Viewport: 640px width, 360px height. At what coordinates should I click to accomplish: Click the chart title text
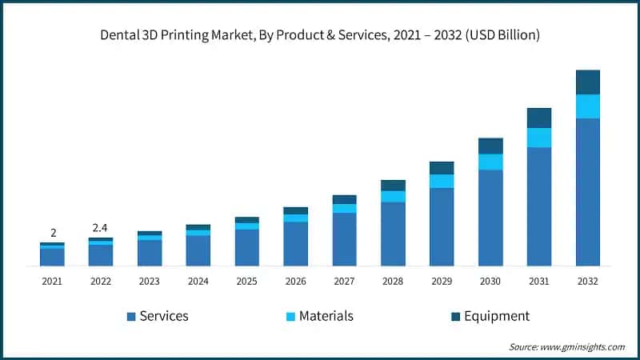[320, 34]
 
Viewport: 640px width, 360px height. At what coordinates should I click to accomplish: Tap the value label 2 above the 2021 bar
[54, 233]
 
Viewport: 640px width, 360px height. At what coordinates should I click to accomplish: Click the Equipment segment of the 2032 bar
[587, 82]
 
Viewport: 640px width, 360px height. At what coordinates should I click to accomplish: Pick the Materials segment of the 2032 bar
[587, 106]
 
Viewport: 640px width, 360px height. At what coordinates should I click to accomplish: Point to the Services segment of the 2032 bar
[587, 192]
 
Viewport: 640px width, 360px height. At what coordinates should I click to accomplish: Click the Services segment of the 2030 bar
[490, 218]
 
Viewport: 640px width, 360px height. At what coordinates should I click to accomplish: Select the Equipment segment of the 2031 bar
[538, 118]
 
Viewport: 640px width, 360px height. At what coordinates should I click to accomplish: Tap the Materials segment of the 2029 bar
[442, 181]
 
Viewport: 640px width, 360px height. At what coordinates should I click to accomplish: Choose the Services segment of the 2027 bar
[344, 239]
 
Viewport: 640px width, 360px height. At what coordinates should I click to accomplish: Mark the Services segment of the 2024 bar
[198, 250]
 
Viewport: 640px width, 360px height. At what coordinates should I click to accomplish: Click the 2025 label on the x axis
[246, 282]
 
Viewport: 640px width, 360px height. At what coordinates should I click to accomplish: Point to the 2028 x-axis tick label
[393, 282]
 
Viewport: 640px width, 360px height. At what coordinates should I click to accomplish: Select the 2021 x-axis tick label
[52, 282]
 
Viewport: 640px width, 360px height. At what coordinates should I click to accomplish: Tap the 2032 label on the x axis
[587, 282]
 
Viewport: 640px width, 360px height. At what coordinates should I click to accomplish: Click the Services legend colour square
[131, 317]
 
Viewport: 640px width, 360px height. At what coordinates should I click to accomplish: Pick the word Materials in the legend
[326, 316]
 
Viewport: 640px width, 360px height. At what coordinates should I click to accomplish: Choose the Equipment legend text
[498, 316]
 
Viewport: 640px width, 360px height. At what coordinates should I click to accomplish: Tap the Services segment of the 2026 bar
[295, 244]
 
